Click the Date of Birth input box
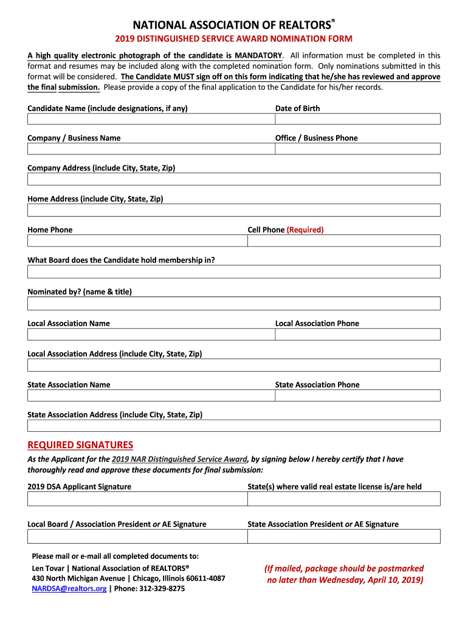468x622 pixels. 357,119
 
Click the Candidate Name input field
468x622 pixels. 151,119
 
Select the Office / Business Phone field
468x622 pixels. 357,149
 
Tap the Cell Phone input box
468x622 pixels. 343,241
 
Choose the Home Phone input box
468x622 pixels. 137,241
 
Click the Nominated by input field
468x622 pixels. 234,303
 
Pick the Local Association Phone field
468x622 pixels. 357,334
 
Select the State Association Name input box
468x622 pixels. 151,395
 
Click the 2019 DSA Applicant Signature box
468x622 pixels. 137,499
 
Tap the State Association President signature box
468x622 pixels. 343,536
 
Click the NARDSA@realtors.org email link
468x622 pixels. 69,589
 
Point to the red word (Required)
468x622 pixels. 305,230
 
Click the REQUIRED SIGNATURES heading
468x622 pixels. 80,445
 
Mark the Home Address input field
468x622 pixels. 234,210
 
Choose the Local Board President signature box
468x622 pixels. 137,536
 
